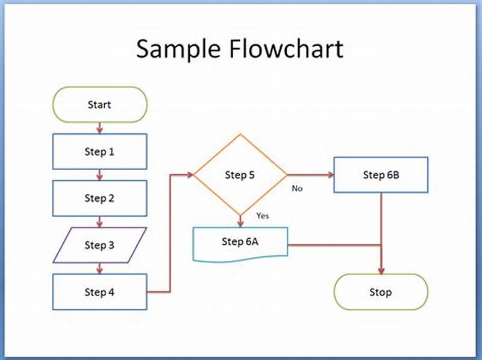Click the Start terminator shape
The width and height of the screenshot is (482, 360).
99,105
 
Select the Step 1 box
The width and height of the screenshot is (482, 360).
99,152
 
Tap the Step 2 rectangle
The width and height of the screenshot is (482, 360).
99,198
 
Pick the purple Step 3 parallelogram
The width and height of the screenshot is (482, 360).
99,245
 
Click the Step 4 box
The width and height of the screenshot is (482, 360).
99,292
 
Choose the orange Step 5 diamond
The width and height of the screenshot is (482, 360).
240,175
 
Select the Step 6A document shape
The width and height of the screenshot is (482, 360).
240,242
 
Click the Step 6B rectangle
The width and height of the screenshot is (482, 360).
381,175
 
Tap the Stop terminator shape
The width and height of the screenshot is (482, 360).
381,292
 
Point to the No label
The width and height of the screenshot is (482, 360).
297,189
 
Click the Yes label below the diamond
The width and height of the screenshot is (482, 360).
262,215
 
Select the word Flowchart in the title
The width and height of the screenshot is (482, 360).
288,48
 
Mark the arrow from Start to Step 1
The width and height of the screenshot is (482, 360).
99,128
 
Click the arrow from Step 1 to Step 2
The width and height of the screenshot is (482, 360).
99,175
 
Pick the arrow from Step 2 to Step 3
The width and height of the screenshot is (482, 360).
99,222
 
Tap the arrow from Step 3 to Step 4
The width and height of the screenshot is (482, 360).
99,268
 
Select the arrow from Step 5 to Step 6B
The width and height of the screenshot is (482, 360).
310,175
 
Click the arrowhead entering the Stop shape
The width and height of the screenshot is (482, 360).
381,270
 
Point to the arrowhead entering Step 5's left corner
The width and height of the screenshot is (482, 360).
189,175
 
